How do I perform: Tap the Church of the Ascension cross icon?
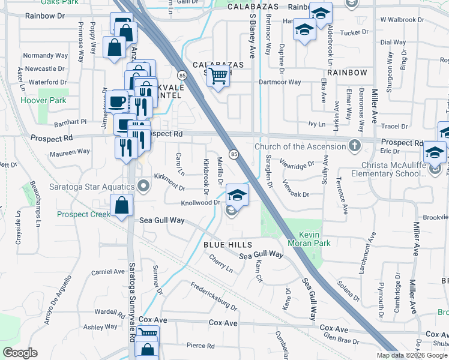pyautogui.click(x=355, y=146)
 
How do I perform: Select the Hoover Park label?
pyautogui.click(x=44, y=100)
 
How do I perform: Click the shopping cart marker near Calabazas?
pyautogui.click(x=219, y=76)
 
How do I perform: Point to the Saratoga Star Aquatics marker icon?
pyautogui.click(x=143, y=185)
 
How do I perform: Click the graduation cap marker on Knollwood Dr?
pyautogui.click(x=237, y=194)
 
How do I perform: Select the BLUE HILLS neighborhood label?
pyautogui.click(x=225, y=244)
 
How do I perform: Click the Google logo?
pyautogui.click(x=20, y=353)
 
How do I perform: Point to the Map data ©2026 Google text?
pyautogui.click(x=412, y=355)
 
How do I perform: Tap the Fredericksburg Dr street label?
pyautogui.click(x=214, y=296)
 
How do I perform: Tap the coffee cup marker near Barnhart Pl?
pyautogui.click(x=118, y=101)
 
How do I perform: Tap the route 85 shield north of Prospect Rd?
pyautogui.click(x=181, y=75)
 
